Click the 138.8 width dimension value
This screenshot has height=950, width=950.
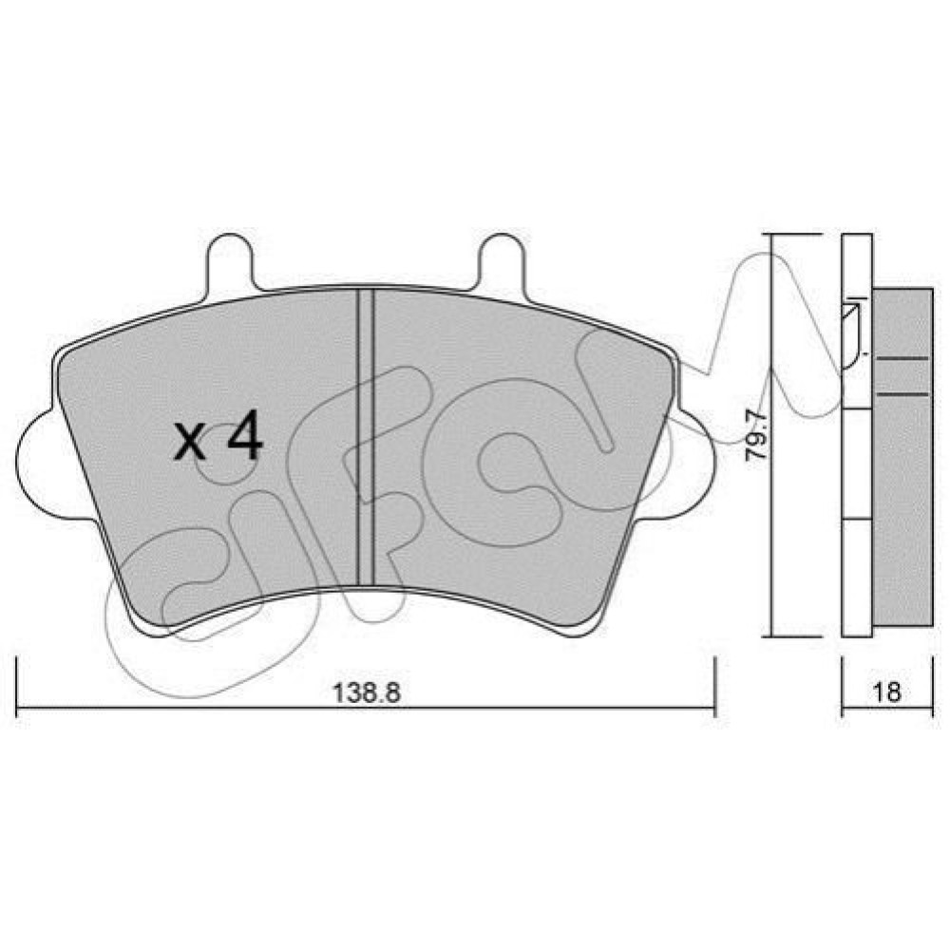(367, 692)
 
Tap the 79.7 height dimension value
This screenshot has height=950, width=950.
(757, 436)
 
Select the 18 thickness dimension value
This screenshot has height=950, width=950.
(887, 692)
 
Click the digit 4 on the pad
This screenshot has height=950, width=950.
(245, 434)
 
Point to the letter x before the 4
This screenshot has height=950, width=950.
(189, 442)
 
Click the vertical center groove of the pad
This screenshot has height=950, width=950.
(366, 437)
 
